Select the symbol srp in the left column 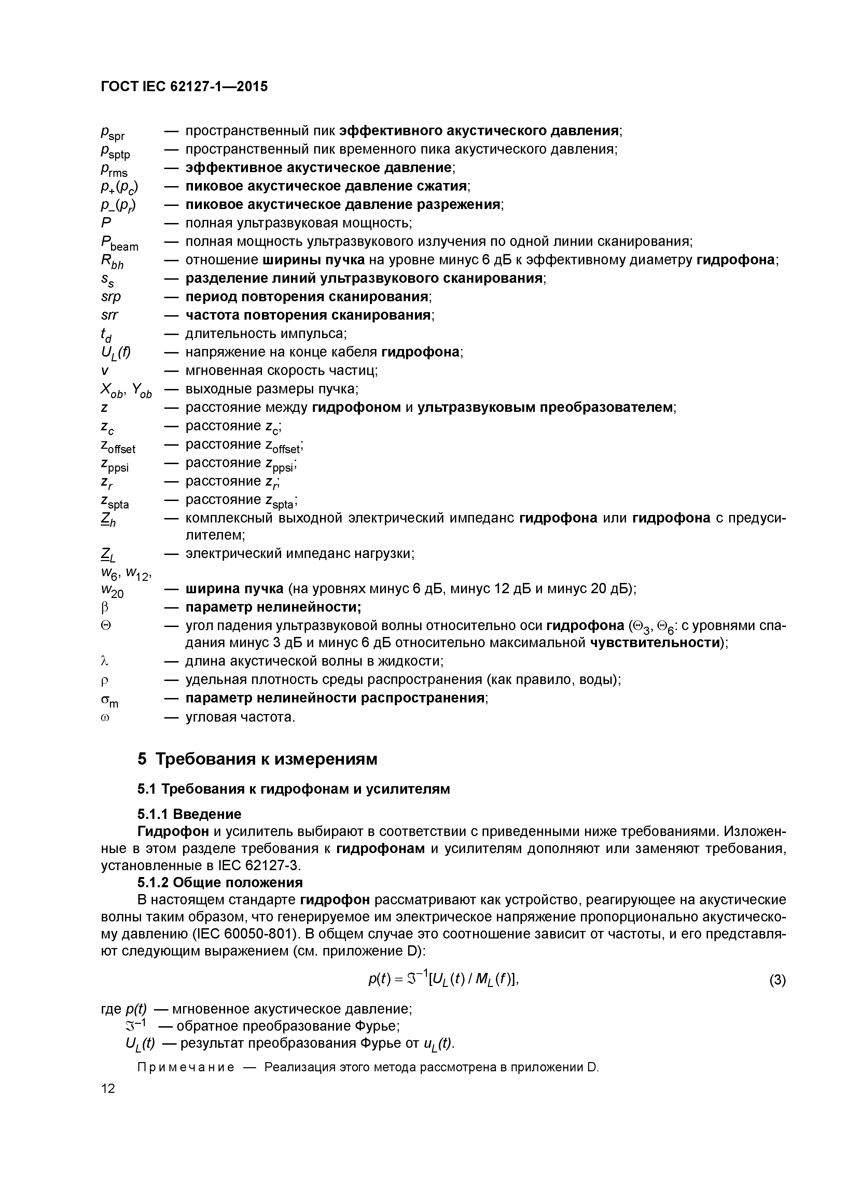(x=111, y=297)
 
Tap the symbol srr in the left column (x=110, y=315)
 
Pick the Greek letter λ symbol (x=104, y=661)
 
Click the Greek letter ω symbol (x=104, y=718)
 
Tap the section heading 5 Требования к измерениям (x=257, y=759)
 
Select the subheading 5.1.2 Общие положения (x=220, y=882)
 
